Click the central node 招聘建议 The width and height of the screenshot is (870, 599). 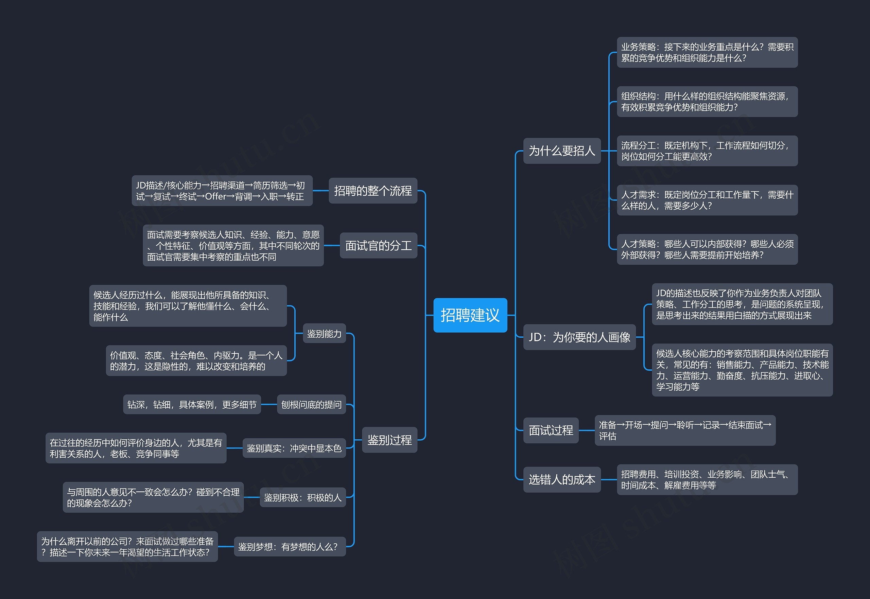[470, 315]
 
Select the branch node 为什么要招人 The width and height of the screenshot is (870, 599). [562, 151]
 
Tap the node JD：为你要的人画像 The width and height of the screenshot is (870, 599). [579, 337]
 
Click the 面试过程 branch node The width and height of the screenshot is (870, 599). [551, 430]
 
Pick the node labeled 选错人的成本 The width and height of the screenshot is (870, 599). [562, 479]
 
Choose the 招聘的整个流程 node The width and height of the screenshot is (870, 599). [373, 191]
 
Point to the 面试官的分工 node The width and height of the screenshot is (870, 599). [378, 245]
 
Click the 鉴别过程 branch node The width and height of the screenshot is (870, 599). [389, 440]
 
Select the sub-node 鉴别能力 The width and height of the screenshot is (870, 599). [324, 333]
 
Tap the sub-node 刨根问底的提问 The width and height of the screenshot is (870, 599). [311, 404]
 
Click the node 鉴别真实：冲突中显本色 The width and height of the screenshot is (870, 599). [294, 448]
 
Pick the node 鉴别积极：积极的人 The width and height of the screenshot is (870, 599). [302, 497]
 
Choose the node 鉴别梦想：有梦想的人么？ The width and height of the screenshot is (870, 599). [289, 546]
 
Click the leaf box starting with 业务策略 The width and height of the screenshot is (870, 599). [707, 52]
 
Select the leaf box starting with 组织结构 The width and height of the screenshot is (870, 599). [707, 102]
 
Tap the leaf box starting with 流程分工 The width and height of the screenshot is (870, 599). [707, 151]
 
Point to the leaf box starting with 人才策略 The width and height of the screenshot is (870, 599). [707, 249]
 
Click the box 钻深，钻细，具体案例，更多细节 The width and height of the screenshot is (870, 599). [192, 404]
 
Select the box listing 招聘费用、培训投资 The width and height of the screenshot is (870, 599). [707, 480]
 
